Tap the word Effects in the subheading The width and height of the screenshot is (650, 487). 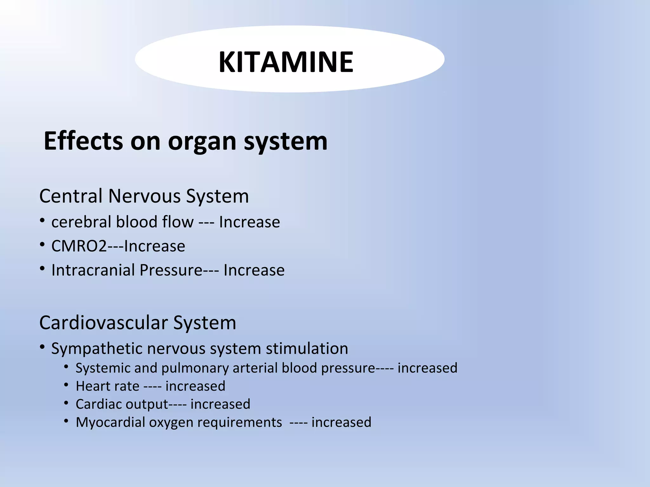[83, 141]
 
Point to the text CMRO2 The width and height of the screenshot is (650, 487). [79, 246]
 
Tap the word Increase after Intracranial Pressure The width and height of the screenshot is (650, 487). [254, 270]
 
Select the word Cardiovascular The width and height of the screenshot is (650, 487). [103, 323]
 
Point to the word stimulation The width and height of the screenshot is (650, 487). [307, 348]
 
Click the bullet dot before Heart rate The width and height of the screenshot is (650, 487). [66, 385]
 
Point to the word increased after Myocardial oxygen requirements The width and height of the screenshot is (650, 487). [341, 422]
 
